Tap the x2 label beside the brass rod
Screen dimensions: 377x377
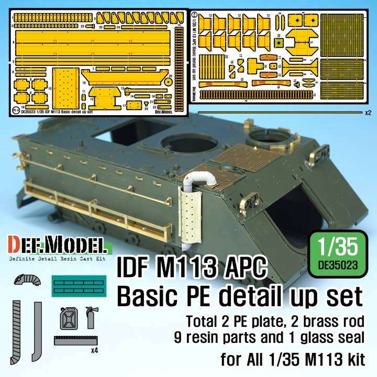click(x=369, y=112)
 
